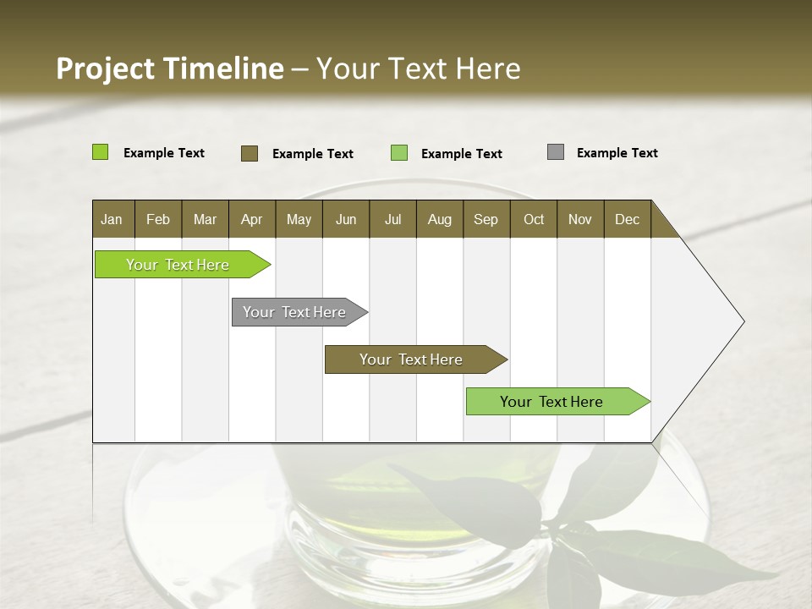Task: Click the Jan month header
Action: tap(112, 219)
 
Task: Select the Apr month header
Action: tap(251, 219)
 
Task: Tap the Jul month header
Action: tap(392, 219)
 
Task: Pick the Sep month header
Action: tap(486, 219)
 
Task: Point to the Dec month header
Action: tap(627, 219)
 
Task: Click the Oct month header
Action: tap(534, 219)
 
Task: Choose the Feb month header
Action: tap(158, 219)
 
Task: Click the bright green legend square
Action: tap(100, 152)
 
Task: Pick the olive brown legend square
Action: tap(250, 153)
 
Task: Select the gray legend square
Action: tap(556, 152)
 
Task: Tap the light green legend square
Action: tap(399, 153)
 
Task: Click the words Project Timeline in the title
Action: tap(169, 69)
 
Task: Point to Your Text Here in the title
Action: tap(418, 69)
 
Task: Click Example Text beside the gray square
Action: tap(617, 153)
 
